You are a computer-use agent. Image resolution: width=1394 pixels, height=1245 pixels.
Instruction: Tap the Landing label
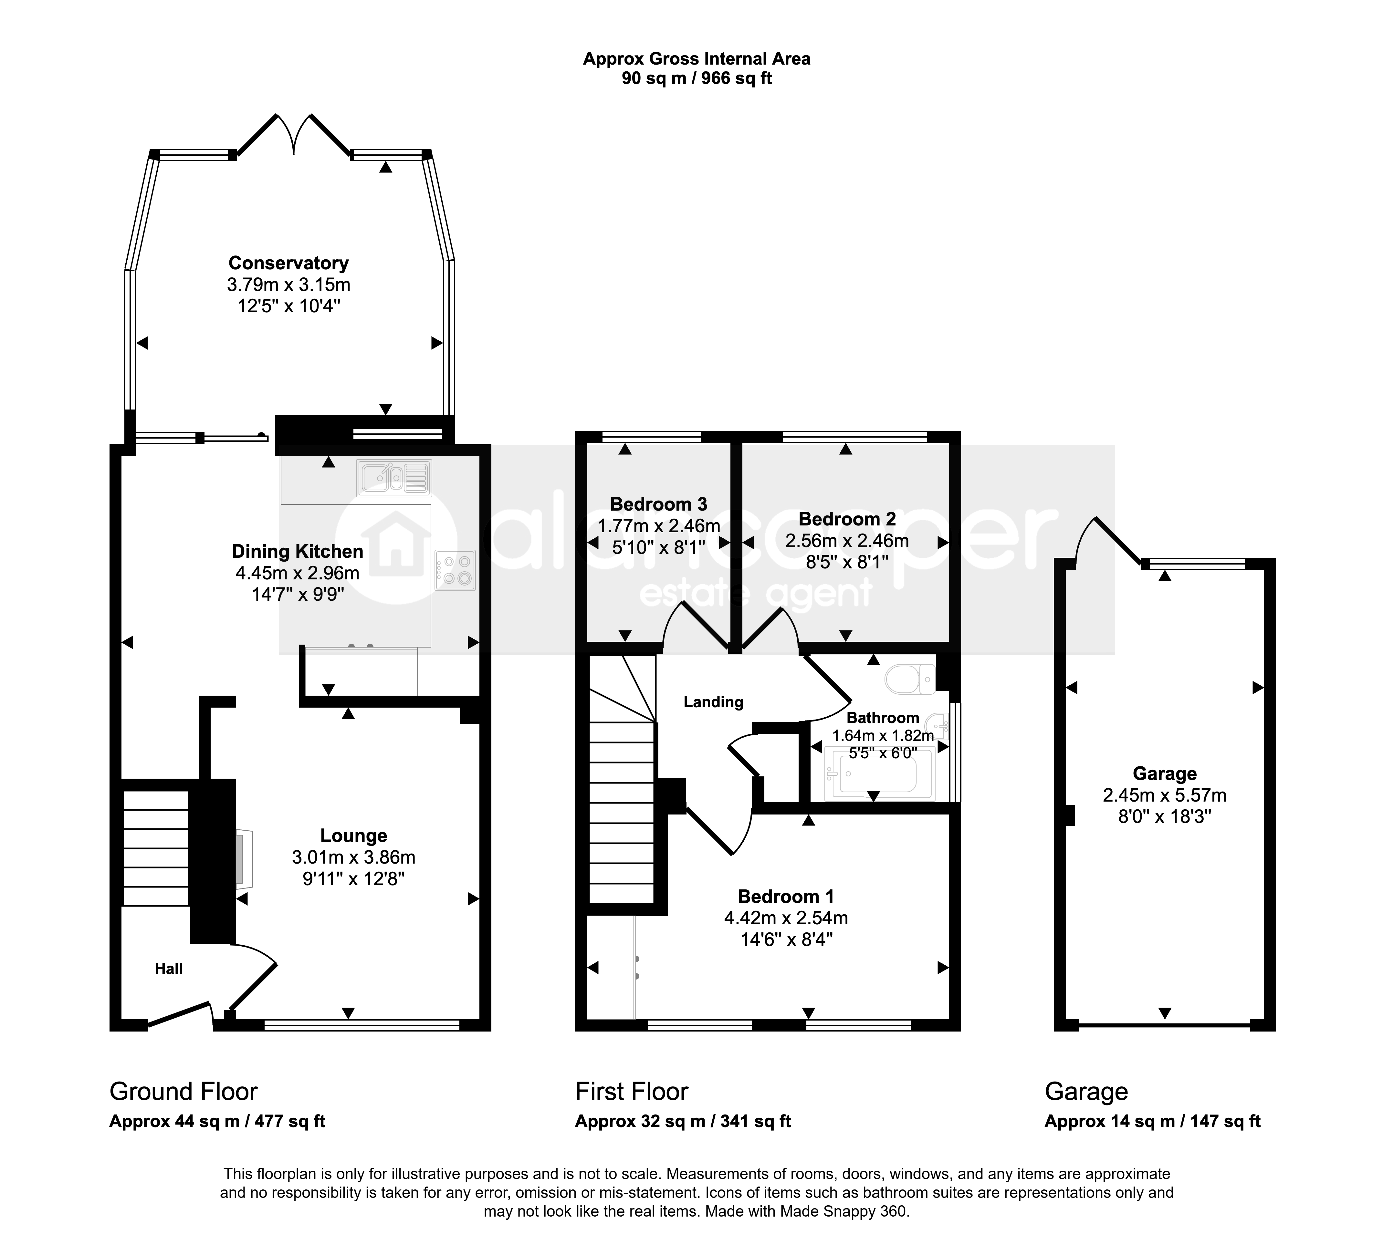(x=713, y=702)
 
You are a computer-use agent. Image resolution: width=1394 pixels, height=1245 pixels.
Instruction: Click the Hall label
(x=169, y=969)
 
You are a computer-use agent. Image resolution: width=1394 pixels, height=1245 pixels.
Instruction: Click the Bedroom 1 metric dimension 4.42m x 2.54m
(x=786, y=918)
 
